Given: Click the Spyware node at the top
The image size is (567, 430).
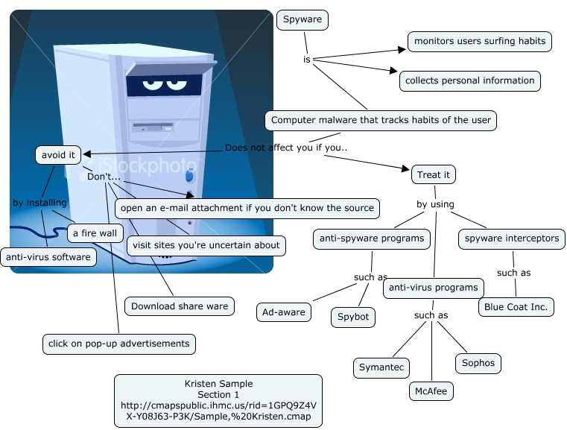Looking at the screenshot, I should [x=302, y=20].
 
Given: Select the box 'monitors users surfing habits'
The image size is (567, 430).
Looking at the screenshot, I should [x=479, y=42].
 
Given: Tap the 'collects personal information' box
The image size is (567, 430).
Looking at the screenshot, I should [x=469, y=80].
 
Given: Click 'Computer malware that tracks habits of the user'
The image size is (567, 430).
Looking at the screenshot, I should [x=381, y=120].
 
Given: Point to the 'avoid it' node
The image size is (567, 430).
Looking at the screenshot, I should [x=57, y=155].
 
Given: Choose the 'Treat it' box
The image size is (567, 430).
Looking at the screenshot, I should [x=434, y=174].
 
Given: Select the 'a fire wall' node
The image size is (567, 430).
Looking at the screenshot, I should [x=94, y=233].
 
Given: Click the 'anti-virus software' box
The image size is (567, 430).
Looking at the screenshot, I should [x=48, y=258].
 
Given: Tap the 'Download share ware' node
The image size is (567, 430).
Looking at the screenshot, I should [x=180, y=306].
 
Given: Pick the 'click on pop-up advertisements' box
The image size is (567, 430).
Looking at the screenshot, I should [x=118, y=344].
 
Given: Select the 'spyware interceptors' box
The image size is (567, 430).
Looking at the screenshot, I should [x=511, y=238].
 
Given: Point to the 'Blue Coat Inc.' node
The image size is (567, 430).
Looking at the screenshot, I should [x=516, y=306].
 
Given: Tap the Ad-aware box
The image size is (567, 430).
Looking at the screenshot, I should [x=284, y=312].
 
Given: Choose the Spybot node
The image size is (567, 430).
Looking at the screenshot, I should [x=353, y=317].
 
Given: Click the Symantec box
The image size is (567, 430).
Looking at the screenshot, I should [x=381, y=367].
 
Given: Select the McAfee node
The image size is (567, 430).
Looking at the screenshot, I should [x=431, y=390].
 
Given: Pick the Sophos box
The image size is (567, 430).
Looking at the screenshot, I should [x=478, y=363].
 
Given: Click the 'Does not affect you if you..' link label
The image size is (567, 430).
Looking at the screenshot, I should [x=286, y=148].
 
